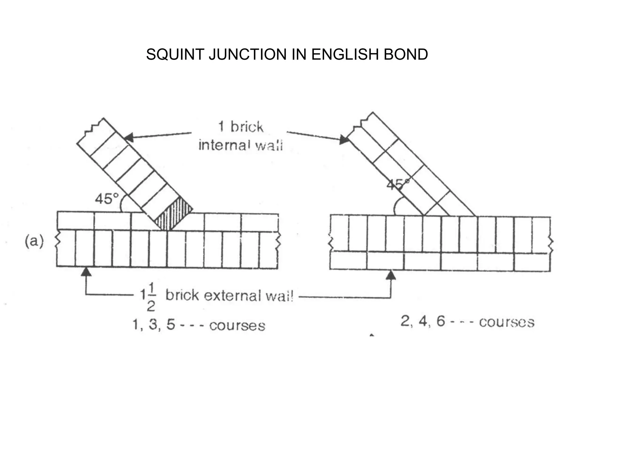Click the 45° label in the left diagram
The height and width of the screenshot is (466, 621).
107,199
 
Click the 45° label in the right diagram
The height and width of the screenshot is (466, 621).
398,184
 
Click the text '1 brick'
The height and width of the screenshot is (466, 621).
240,127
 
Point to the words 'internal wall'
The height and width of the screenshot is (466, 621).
240,146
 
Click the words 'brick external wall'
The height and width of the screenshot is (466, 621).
230,295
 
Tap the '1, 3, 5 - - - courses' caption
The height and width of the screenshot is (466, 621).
199,325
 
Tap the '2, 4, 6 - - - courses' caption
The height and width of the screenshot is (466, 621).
467,322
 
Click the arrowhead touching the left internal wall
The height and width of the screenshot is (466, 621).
129,137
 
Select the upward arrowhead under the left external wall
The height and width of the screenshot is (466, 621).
86,271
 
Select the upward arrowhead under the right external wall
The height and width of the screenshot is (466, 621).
391,275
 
